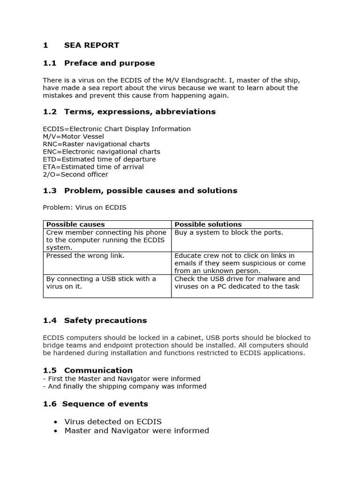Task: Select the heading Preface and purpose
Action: point(109,63)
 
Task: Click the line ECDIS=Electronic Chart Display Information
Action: point(117,129)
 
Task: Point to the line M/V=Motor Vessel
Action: point(73,136)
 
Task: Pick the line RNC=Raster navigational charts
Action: point(96,144)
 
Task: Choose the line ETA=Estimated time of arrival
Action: point(93,167)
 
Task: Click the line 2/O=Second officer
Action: point(75,174)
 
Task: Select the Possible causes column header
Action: point(75,225)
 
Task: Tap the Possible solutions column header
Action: point(208,225)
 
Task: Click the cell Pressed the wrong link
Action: point(85,256)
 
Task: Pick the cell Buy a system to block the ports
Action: point(229,232)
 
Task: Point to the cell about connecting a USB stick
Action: point(101,283)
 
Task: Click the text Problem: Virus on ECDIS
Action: point(84,207)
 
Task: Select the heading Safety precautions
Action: point(105,321)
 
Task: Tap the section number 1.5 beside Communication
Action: point(49,370)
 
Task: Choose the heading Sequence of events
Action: point(105,404)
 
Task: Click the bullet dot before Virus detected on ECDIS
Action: point(56,422)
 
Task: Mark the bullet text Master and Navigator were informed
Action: point(136,430)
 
